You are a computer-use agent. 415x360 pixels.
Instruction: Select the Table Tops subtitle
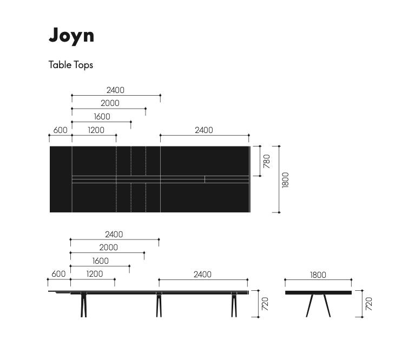pos(71,65)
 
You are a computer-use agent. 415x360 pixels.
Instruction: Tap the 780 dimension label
pos(267,161)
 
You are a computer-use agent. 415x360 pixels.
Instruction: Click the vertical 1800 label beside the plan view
pos(286,180)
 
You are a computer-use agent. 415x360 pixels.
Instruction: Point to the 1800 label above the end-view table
pos(318,275)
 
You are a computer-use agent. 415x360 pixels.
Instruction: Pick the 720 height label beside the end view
pos(368,304)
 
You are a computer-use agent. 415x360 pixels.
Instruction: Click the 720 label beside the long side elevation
pos(265,304)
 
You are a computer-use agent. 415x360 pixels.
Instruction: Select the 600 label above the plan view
pos(61,130)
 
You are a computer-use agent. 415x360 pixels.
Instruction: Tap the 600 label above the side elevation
pos(58,274)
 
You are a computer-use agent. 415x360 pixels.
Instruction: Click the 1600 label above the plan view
pos(102,117)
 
